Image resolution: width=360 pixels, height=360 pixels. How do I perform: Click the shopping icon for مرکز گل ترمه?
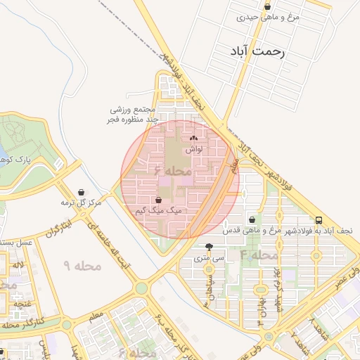[82, 192]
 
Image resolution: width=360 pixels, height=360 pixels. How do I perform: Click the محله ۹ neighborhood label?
[83, 266]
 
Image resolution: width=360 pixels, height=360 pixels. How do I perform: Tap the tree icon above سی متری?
[209, 247]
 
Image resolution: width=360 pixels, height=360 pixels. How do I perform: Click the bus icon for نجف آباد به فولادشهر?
[319, 219]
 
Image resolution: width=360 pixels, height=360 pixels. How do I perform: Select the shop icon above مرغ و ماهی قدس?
[252, 219]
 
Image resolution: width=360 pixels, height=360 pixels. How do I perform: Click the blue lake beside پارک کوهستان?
[2, 153]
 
